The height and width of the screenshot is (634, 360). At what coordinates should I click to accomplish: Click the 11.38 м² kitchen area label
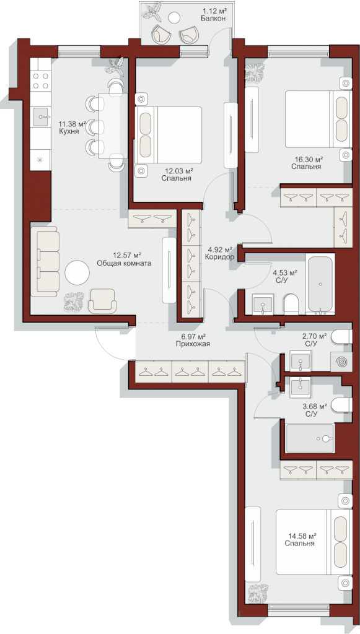tap(72, 124)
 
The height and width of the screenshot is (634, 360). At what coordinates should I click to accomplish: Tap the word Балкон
tap(213, 18)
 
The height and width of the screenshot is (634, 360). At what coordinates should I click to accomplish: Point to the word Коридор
tap(220, 257)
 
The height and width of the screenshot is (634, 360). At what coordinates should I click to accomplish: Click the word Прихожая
tap(193, 344)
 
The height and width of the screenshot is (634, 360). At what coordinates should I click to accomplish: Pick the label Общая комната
tap(124, 263)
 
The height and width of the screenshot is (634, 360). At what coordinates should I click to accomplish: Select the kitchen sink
tap(42, 117)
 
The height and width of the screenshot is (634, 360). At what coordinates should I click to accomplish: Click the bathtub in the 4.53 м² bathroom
tap(321, 284)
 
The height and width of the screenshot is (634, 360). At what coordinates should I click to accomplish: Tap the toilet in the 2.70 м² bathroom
tap(341, 336)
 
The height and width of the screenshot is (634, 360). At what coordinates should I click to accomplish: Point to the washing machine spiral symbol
tap(341, 361)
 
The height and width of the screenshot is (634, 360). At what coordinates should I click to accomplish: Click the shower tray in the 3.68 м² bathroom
tap(310, 438)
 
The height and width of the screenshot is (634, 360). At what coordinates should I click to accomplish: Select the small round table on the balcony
tap(174, 17)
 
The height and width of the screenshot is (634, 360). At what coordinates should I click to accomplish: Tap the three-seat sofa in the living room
tap(45, 262)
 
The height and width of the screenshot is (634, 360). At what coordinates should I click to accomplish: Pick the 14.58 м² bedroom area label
tap(302, 536)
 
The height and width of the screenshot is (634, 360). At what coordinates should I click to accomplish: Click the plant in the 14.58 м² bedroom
tap(258, 593)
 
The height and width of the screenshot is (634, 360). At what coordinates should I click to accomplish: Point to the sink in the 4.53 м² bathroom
tap(263, 303)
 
